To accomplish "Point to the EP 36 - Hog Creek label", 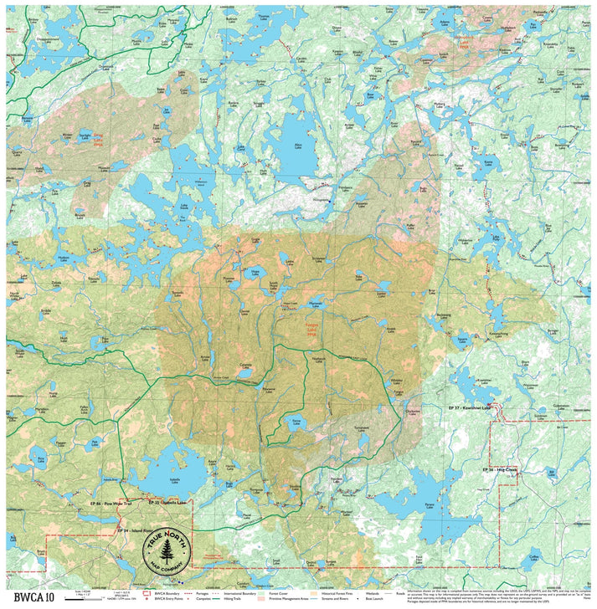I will point(501,469).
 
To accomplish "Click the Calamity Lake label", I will point(245,366).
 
